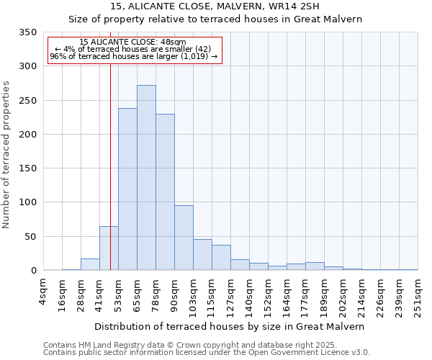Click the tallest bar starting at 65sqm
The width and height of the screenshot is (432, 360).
click(146, 178)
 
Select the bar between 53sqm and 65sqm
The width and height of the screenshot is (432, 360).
click(127, 189)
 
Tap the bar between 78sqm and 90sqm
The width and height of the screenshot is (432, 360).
click(165, 192)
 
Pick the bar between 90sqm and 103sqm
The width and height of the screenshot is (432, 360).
click(184, 238)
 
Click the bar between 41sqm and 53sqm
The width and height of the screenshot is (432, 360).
click(109, 248)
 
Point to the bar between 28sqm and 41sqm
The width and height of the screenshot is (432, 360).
click(90, 264)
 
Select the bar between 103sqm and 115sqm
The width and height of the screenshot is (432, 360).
click(202, 255)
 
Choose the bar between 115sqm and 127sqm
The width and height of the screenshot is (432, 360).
click(221, 258)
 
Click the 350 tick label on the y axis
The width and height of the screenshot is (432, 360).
click(27, 32)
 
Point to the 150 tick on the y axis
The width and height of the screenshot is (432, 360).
click(27, 168)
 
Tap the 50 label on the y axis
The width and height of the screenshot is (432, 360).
click(30, 236)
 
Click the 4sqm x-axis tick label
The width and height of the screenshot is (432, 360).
click(44, 292)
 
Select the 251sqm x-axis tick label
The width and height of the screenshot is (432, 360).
click(418, 294)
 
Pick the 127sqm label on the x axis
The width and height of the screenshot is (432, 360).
click(231, 294)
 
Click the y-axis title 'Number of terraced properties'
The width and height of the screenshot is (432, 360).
click(7, 155)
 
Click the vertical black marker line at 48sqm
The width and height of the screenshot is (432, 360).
click(110, 144)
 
